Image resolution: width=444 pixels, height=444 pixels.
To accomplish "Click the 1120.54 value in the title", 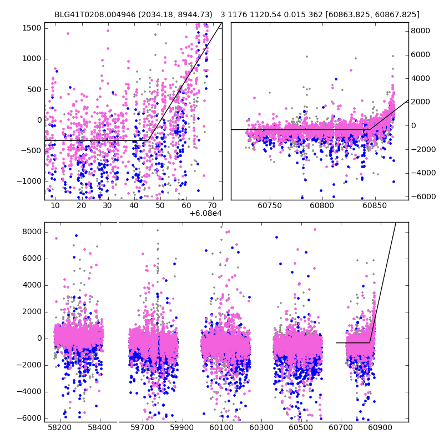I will coord(266,14).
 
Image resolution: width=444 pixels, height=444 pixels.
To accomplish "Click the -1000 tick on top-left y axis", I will coord(31,181).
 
